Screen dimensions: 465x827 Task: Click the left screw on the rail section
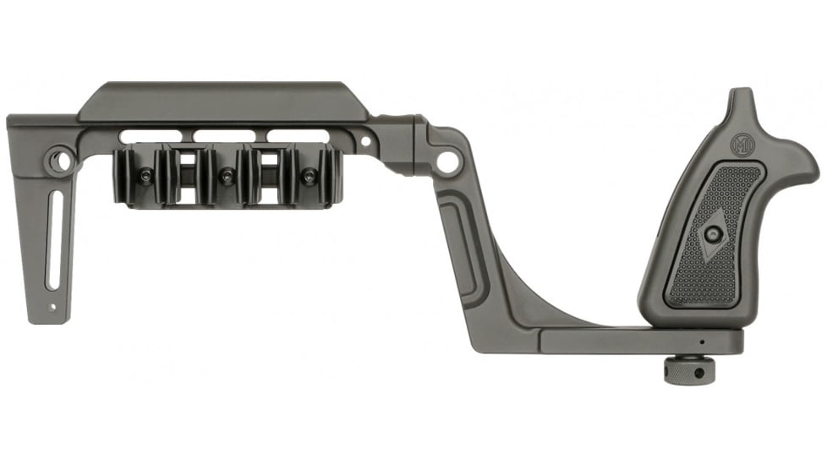tap(145, 177)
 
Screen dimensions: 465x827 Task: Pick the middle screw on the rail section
tap(227, 177)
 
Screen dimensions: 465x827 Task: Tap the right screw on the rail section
tap(309, 177)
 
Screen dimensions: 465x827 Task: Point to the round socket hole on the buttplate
tap(58, 160)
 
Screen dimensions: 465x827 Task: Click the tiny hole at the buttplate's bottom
tap(52, 308)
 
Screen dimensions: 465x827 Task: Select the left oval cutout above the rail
tap(154, 135)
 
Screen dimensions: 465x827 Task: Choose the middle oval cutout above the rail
tap(228, 135)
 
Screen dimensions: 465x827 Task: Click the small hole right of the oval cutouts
tap(365, 140)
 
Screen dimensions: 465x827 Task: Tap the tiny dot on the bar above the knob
tap(701, 342)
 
